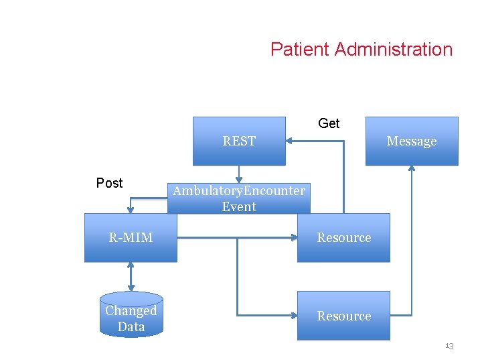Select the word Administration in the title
tap(393, 50)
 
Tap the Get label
tap(329, 123)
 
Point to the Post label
tap(109, 183)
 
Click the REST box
tap(239, 141)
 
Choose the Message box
tap(411, 141)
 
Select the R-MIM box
tap(131, 237)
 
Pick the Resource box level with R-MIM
tap(343, 237)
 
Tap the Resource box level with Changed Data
tap(343, 316)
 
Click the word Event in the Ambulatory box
tap(239, 207)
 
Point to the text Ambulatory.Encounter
tap(239, 191)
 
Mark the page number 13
tap(449, 346)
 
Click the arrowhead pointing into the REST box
tap(290, 141)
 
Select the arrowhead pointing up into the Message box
tap(412, 169)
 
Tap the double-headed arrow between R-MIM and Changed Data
tap(131, 276)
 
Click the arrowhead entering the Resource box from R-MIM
tap(293, 237)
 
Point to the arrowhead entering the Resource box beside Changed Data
tap(293, 316)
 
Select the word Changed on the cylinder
tap(131, 311)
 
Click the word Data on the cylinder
tap(131, 327)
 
